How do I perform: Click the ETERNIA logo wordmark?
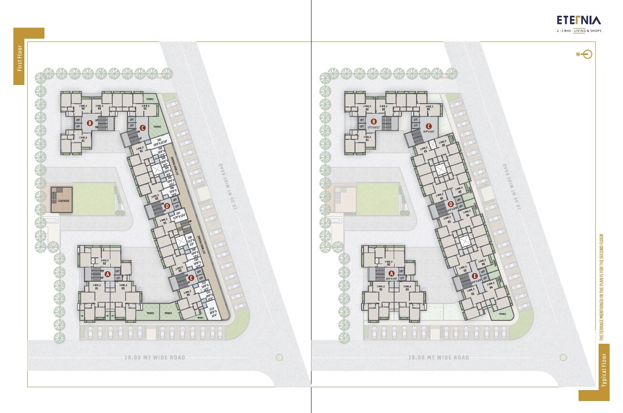(x=579, y=20)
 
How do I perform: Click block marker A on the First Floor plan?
(x=107, y=274)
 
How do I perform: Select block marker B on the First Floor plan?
(x=89, y=123)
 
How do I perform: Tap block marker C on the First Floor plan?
(x=142, y=127)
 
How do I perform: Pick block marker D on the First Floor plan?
(x=167, y=206)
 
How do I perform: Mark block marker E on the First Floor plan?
(x=191, y=277)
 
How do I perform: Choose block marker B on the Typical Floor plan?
(x=374, y=122)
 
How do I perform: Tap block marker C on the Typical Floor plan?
(x=428, y=126)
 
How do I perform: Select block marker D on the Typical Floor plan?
(x=451, y=204)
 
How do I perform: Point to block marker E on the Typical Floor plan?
(x=474, y=276)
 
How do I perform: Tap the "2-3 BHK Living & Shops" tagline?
(x=579, y=31)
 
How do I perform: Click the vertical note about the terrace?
(x=602, y=287)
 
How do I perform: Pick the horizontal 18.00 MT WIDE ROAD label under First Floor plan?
(x=154, y=358)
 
